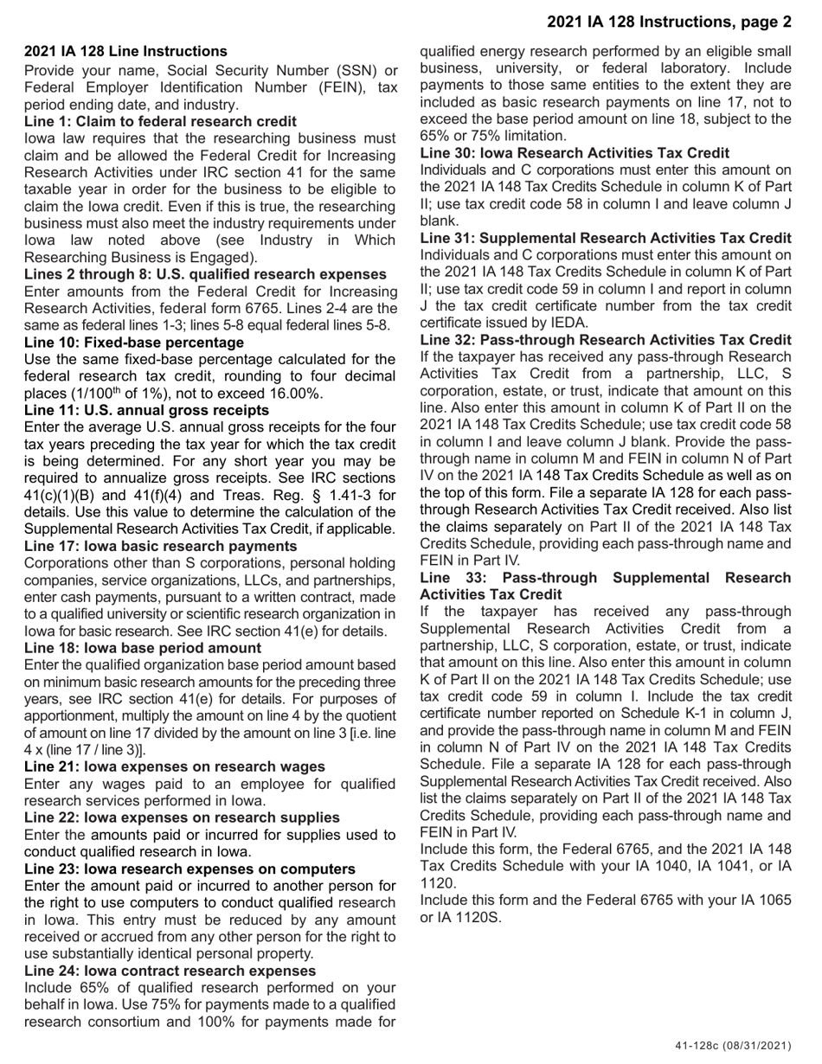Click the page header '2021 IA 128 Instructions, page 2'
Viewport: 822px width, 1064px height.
coord(669,22)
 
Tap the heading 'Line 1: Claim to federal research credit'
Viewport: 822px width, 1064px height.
coord(160,121)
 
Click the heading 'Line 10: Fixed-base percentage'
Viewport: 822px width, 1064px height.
coord(134,342)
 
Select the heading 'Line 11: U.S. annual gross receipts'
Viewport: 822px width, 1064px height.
coord(147,410)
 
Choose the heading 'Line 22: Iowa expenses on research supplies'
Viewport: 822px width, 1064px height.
coord(182,817)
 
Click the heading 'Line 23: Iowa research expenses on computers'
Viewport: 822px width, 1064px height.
coord(189,869)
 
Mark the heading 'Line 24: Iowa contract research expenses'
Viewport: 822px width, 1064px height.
coord(170,971)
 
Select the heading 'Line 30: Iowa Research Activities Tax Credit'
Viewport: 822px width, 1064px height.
coord(575,153)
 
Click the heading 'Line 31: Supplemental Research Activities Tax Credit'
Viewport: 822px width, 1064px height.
coord(605,238)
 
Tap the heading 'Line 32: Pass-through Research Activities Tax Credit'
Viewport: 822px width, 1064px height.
coord(605,339)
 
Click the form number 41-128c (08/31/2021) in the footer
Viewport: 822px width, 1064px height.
coord(733,1046)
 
